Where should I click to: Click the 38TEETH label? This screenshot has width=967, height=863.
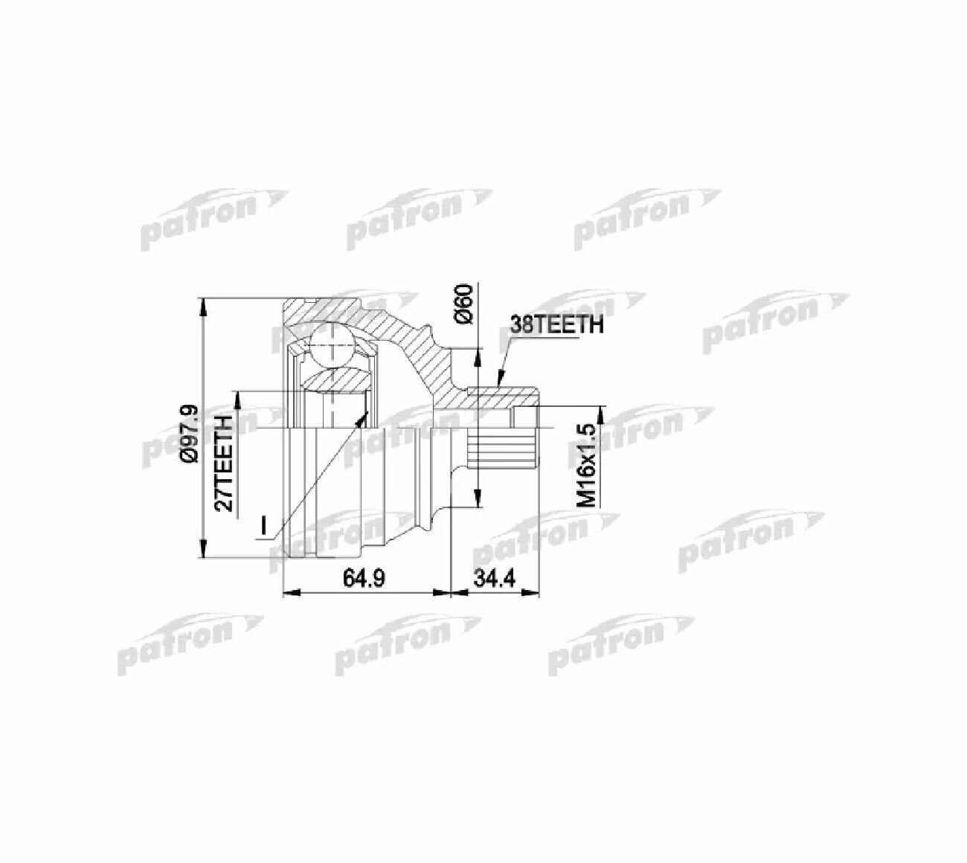557,325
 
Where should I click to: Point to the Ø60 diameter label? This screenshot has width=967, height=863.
463,304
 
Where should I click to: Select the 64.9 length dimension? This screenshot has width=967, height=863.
364,579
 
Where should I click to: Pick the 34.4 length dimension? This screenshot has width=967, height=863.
495,579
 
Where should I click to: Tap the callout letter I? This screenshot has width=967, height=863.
263,524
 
